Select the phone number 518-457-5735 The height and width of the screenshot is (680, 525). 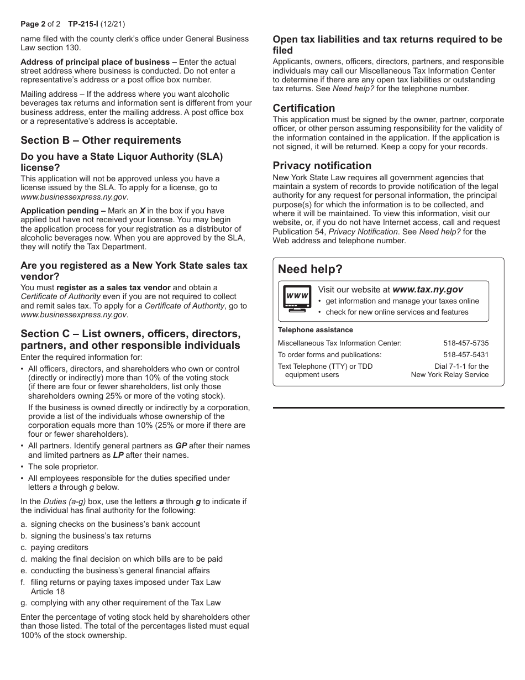click(x=466, y=343)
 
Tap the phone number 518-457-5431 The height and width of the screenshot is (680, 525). click(x=466, y=354)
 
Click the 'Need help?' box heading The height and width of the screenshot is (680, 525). click(x=310, y=269)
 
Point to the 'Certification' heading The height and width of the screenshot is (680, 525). click(x=303, y=108)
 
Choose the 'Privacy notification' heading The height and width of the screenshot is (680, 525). click(x=322, y=165)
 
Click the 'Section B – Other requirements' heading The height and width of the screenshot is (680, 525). click(x=101, y=140)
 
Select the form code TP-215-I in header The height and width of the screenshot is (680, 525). click(x=83, y=24)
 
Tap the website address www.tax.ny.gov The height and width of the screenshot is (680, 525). click(x=427, y=289)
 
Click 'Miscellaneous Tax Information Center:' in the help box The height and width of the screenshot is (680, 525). click(x=339, y=343)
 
